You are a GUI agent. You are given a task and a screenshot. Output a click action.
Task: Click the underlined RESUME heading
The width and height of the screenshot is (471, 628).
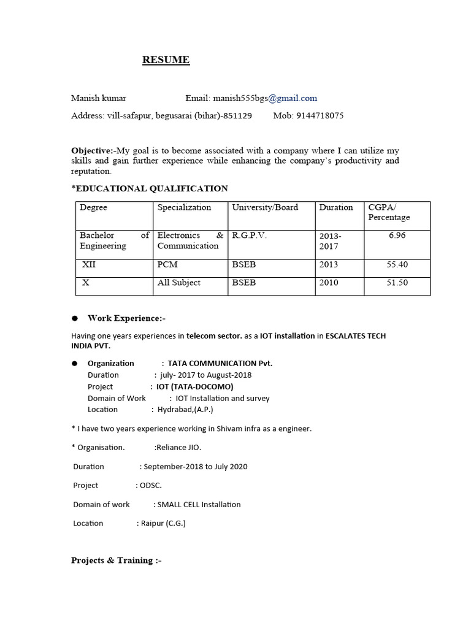[166, 59]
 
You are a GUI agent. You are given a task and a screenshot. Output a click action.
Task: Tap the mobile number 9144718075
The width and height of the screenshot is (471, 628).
[320, 115]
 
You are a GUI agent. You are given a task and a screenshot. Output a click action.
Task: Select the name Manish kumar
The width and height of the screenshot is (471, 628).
[99, 98]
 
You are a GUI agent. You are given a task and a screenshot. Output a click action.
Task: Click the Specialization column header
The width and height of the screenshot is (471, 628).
[184, 207]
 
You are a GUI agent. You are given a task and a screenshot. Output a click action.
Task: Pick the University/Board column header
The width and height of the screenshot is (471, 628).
[265, 207]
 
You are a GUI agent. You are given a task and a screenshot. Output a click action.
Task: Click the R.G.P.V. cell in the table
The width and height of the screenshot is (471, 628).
[250, 235]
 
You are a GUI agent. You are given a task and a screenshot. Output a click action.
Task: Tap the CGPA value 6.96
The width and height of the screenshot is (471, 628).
[397, 235]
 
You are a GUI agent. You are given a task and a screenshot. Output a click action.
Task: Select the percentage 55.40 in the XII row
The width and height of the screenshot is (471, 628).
[397, 265]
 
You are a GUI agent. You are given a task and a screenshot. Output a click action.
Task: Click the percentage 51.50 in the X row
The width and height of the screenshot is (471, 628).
[397, 283]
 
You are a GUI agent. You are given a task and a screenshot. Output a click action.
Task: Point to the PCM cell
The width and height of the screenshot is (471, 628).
[167, 265]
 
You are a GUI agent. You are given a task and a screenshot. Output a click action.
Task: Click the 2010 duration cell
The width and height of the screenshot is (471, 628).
[329, 283]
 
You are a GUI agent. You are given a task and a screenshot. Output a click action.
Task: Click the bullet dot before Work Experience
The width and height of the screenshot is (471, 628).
[75, 318]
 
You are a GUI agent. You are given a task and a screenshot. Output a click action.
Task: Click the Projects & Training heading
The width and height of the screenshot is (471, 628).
[116, 560]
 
